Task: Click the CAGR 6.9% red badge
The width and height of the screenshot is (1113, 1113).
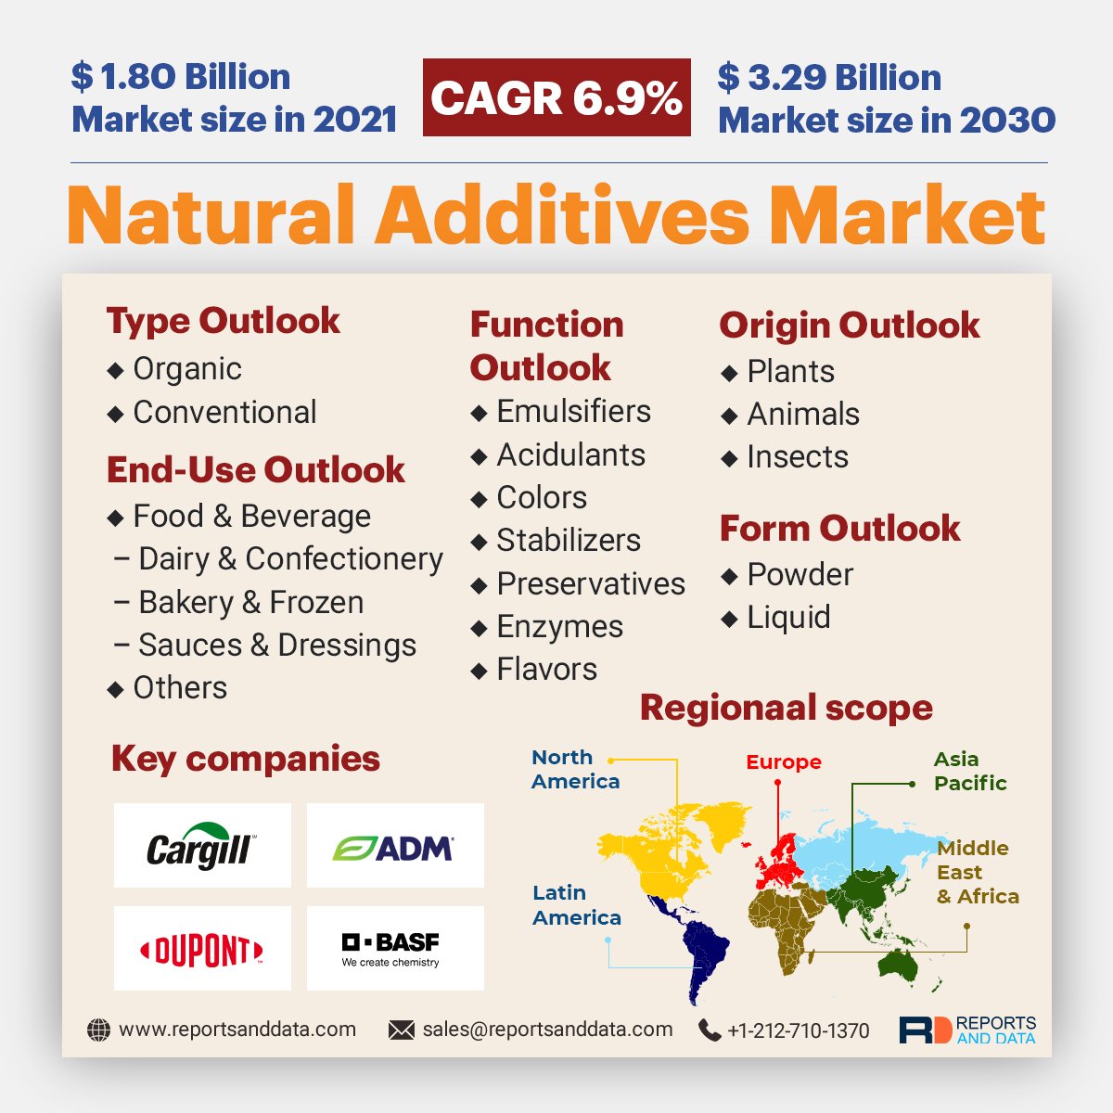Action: point(556,97)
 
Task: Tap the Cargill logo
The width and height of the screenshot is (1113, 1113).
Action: point(202,846)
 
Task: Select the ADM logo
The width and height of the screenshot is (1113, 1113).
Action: point(395,846)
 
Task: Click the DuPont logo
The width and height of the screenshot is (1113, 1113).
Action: point(202,949)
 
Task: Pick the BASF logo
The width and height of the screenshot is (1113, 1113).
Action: point(395,949)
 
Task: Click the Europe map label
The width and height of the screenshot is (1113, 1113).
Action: point(784,762)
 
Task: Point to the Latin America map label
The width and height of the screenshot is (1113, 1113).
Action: point(576,905)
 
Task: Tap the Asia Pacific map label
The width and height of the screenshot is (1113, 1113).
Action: point(969,771)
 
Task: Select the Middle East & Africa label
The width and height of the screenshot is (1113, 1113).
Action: point(977,872)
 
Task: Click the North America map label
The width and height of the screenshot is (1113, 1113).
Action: point(575,770)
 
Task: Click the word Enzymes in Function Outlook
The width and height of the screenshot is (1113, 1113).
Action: point(559,627)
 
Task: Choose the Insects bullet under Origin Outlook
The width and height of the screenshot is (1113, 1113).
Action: point(797,457)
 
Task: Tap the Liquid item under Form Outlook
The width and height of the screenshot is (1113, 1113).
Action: point(788,618)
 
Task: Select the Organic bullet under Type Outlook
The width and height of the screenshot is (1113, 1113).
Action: point(187,369)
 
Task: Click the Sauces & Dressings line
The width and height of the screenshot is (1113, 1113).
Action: point(276,646)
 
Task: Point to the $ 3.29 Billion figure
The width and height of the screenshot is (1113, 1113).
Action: point(829,78)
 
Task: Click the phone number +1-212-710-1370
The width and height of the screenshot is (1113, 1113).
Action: point(799,1030)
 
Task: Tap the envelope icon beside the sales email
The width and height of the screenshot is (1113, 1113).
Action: point(402,1030)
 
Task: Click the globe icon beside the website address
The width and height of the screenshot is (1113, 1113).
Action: point(98,1030)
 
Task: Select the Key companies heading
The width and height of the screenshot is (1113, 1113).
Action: point(246,759)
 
